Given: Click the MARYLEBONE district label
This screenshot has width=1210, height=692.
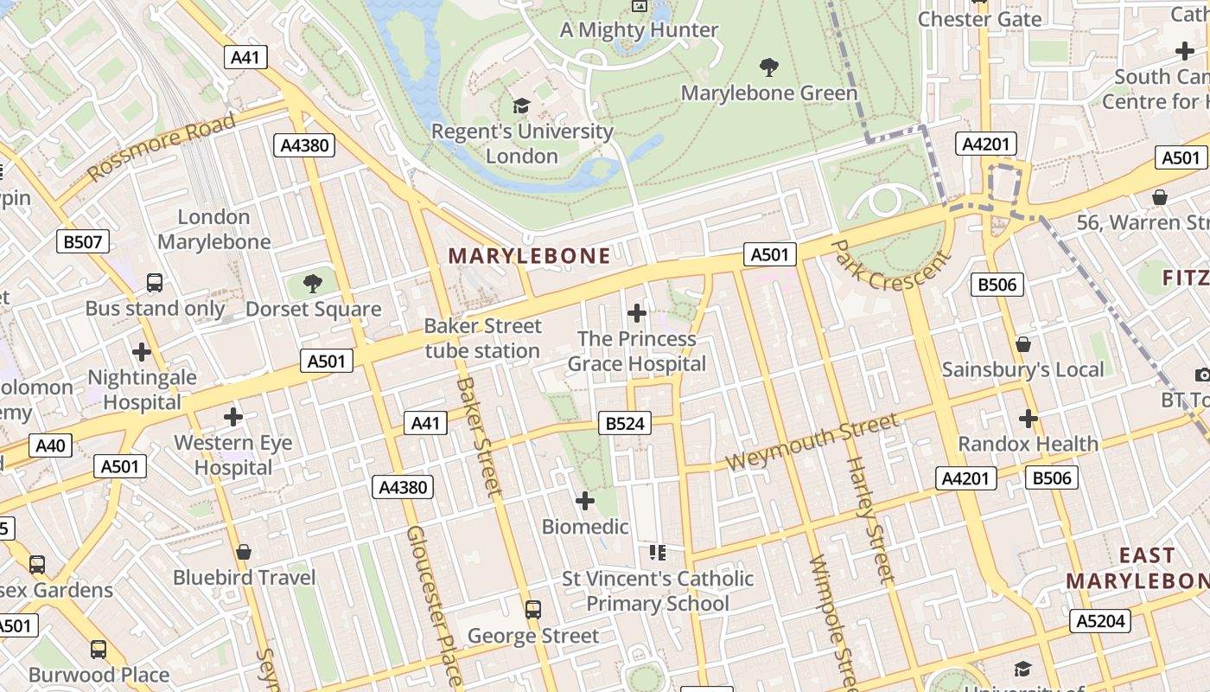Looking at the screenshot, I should [529, 255].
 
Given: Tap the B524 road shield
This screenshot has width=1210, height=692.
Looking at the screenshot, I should [625, 423].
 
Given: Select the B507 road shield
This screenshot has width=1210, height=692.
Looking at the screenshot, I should [83, 241].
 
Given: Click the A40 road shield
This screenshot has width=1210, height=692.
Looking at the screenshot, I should [50, 445].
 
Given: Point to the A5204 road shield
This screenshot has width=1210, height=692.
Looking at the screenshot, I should [1100, 620].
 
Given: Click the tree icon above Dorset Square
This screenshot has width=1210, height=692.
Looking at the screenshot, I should [312, 283].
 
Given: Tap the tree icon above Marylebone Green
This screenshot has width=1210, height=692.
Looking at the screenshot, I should [768, 67].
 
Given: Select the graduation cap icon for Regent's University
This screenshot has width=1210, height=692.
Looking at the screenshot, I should [521, 106].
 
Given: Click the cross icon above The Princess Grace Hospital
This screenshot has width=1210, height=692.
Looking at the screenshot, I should [637, 312].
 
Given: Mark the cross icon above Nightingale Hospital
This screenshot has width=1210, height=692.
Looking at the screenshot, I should [142, 352].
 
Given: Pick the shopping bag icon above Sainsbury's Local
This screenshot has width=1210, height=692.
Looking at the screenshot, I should [1023, 344].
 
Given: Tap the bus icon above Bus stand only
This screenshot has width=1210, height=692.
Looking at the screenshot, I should [155, 283].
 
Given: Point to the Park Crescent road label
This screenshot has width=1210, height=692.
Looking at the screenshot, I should [890, 266].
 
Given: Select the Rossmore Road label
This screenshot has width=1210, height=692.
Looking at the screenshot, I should [162, 146].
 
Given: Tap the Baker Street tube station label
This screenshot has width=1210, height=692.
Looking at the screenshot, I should [482, 338].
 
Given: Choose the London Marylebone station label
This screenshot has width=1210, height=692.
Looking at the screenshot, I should [213, 229].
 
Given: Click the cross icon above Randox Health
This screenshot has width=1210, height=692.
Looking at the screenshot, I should [1028, 419].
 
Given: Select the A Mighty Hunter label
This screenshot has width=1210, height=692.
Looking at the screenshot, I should [639, 29].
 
